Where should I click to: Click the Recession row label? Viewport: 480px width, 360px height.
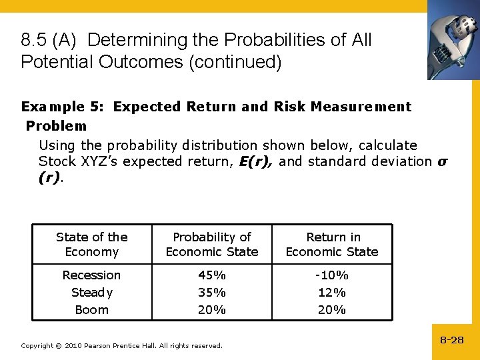click(91, 275)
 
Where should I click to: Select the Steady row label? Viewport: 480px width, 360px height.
click(91, 293)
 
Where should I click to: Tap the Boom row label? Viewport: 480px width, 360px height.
click(91, 310)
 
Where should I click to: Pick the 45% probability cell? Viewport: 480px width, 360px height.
click(212, 275)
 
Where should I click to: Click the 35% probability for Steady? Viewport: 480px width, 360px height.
click(212, 293)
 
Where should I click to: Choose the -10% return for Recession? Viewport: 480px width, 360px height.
click(332, 275)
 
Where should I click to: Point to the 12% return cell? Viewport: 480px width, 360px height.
click(332, 293)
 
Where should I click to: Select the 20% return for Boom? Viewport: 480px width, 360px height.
click(332, 310)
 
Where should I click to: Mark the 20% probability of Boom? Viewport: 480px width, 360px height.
click(212, 310)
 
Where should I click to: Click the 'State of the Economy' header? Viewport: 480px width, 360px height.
click(91, 244)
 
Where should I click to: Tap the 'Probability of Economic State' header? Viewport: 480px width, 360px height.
click(212, 244)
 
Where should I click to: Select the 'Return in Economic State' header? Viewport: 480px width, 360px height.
click(332, 244)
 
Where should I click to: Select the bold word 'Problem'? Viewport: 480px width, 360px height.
click(56, 126)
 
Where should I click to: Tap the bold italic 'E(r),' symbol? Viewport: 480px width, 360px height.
click(256, 161)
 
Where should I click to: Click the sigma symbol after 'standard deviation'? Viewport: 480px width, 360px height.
click(441, 161)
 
